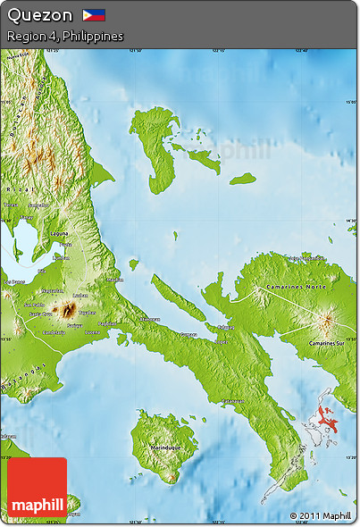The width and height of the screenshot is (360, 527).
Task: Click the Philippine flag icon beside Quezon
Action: point(94,15)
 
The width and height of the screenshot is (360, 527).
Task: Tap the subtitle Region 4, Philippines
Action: point(64,36)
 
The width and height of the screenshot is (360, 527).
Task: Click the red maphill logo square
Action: point(37,489)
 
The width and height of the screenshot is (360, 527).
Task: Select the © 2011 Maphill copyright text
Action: point(320,515)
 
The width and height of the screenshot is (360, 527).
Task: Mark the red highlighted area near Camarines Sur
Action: point(326,418)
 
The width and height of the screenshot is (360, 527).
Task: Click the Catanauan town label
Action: point(234,401)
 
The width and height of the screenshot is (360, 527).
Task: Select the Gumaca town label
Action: point(188,335)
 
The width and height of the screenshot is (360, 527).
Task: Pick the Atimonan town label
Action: point(149,319)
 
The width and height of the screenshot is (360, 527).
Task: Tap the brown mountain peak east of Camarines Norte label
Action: point(324,320)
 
